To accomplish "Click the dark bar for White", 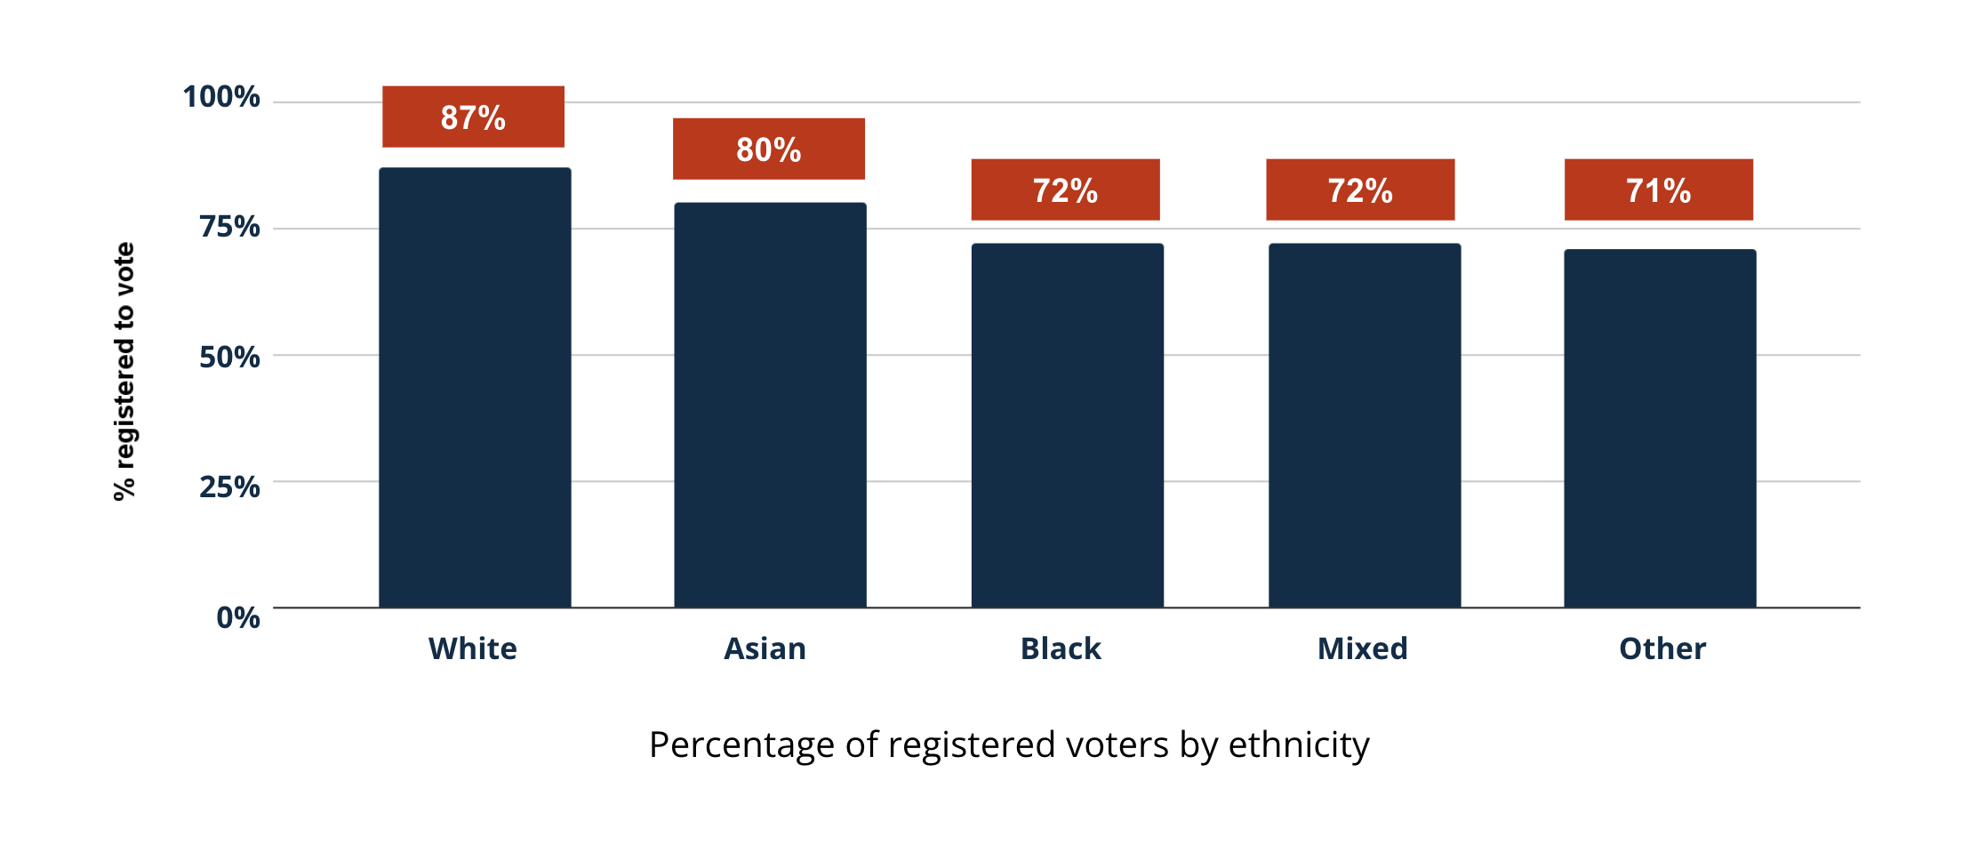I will (475, 388).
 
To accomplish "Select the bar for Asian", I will (770, 406).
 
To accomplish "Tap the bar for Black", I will (1067, 425).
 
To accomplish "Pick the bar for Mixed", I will (1365, 425).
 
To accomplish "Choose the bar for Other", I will (1660, 429).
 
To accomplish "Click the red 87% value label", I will (473, 117).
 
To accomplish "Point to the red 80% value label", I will (768, 149).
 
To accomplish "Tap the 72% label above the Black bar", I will (1065, 189).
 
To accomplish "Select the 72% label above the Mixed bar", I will (1360, 189).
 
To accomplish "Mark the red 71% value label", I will (1658, 189).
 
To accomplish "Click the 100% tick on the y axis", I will (221, 96).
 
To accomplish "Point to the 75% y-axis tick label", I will (229, 227).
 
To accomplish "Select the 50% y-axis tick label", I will (229, 357).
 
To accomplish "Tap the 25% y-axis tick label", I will (229, 487).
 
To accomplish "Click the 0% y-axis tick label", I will (238, 617).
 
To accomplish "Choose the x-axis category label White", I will (472, 648).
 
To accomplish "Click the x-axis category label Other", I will (1662, 648).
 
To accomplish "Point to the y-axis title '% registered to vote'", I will (124, 371).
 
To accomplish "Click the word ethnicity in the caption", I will (1298, 745).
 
